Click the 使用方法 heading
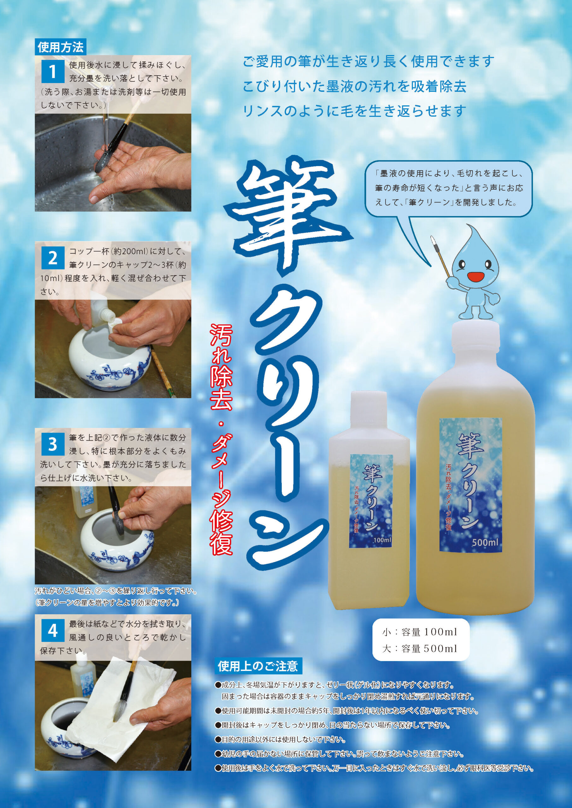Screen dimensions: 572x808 coord(61,47)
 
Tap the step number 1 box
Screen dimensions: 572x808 coord(52,72)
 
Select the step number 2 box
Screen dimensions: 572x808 coord(52,258)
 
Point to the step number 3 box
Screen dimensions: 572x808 coord(52,444)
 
